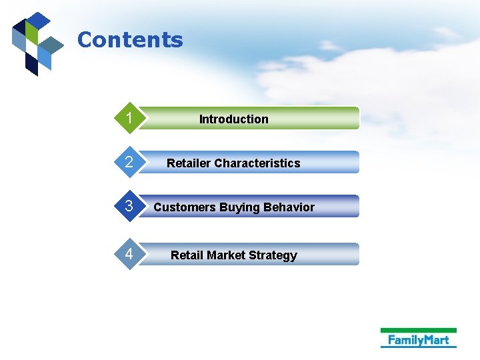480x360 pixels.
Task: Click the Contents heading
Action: [130, 40]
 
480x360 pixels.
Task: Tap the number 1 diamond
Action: [129, 119]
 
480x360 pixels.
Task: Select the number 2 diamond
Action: [129, 163]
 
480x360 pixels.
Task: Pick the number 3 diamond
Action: [129, 207]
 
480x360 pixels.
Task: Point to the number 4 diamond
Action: [129, 254]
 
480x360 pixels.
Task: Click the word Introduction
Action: [233, 119]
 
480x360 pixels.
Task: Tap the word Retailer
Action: [189, 163]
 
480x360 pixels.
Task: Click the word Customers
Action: [185, 207]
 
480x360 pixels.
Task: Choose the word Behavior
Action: [289, 207]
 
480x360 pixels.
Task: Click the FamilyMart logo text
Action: [419, 340]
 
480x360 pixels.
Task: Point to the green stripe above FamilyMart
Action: [419, 330]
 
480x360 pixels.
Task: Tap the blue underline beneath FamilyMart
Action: [419, 347]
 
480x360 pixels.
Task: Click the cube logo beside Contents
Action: [37, 43]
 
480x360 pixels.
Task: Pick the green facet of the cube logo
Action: [31, 31]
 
